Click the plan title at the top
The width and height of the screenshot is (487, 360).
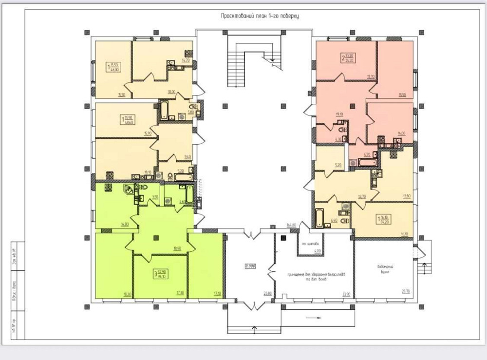(x=259, y=16)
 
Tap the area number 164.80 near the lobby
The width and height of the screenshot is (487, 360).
(x=292, y=225)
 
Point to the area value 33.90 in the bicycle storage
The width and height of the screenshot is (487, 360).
(x=346, y=294)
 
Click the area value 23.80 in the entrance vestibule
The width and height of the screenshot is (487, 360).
(x=267, y=294)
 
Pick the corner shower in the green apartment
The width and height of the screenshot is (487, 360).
(x=128, y=189)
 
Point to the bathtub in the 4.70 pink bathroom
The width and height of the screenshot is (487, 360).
(x=368, y=161)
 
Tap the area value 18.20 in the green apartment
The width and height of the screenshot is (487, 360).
(x=128, y=294)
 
